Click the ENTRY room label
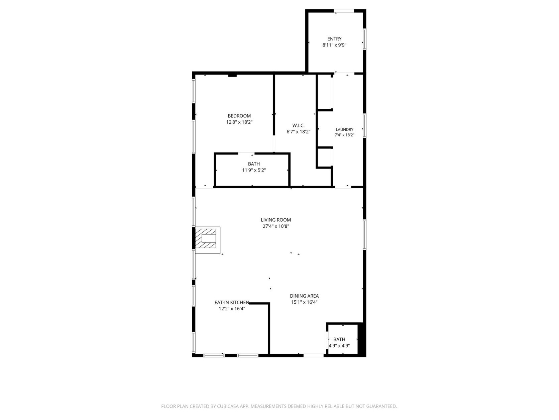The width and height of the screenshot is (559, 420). (334, 39)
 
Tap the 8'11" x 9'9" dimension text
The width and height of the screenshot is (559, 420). (334, 45)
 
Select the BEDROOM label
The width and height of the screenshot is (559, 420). (239, 116)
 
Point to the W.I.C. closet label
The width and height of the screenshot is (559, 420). (298, 126)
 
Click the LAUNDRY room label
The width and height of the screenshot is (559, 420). (344, 130)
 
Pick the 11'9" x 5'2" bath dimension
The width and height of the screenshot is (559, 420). (254, 170)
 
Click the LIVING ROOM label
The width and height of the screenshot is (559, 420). (275, 220)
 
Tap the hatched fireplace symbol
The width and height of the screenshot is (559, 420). (206, 238)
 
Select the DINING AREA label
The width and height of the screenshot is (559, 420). (304, 296)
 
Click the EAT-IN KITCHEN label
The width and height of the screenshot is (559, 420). (231, 303)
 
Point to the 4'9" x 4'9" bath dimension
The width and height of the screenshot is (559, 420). (339, 346)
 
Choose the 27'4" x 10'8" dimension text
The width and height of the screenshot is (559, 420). (276, 226)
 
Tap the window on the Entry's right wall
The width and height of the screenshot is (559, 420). (364, 39)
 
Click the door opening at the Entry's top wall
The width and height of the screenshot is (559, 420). (344, 11)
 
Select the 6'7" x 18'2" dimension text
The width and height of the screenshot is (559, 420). (298, 132)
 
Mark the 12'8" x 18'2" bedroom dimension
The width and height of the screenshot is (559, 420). (239, 122)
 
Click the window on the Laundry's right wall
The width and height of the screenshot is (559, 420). (364, 126)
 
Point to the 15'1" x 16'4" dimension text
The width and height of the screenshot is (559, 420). (304, 302)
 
